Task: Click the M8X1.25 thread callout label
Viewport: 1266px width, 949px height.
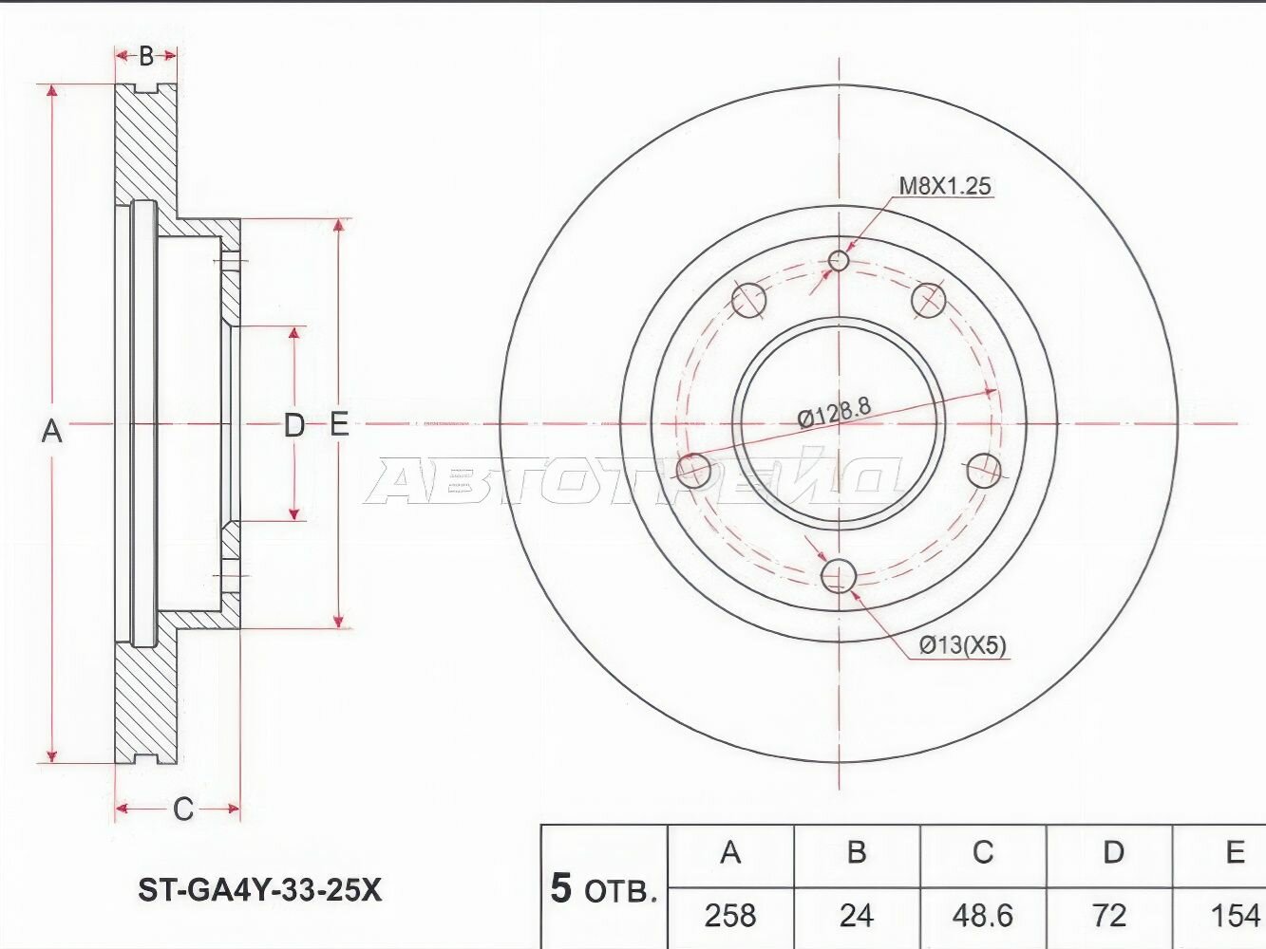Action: pyautogui.click(x=944, y=186)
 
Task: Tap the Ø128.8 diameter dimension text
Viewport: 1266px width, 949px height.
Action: pyautogui.click(x=834, y=413)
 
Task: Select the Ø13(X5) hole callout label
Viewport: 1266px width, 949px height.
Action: pyautogui.click(x=961, y=646)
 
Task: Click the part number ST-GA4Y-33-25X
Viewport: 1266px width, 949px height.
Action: pyautogui.click(x=260, y=890)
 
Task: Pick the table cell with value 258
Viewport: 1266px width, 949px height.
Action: pyautogui.click(x=730, y=915)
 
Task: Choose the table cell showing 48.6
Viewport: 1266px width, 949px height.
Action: pyautogui.click(x=982, y=915)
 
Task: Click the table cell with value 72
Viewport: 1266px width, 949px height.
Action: pyautogui.click(x=1108, y=915)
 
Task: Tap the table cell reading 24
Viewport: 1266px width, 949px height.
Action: pyautogui.click(x=856, y=915)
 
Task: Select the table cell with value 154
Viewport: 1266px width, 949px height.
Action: pyautogui.click(x=1234, y=915)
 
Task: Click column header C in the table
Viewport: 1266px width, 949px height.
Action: pyautogui.click(x=982, y=852)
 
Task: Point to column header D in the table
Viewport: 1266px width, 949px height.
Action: pyautogui.click(x=1112, y=852)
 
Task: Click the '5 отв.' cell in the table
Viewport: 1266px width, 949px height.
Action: pyautogui.click(x=604, y=889)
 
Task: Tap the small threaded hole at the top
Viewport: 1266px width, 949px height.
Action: pyautogui.click(x=839, y=260)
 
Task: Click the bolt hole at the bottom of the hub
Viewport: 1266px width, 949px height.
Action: pyautogui.click(x=839, y=575)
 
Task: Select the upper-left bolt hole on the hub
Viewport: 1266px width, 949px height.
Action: pyautogui.click(x=748, y=300)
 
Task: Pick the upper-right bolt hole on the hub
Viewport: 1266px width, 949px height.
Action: pyautogui.click(x=929, y=300)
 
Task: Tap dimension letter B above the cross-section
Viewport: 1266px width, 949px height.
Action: pyautogui.click(x=145, y=56)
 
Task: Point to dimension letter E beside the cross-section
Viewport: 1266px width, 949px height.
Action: pyautogui.click(x=339, y=424)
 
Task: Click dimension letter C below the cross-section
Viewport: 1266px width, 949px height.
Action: pyautogui.click(x=182, y=809)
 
